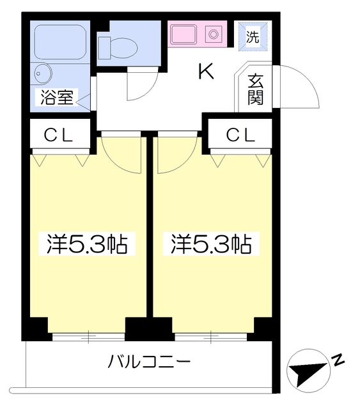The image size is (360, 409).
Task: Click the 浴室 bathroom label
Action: point(57,97)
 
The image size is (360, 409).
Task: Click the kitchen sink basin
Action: point(184,35)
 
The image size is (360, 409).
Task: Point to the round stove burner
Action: point(214,34)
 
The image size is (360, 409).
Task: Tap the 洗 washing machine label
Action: point(253,36)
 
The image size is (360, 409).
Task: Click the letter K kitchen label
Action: point(207,72)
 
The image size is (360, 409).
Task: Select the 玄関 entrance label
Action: point(255,89)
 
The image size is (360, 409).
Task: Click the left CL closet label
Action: point(58,135)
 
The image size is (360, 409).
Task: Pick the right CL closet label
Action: point(240,135)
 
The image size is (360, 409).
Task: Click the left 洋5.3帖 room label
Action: point(87,244)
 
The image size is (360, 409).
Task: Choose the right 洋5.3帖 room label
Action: point(211,244)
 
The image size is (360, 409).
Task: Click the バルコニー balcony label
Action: point(150,361)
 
